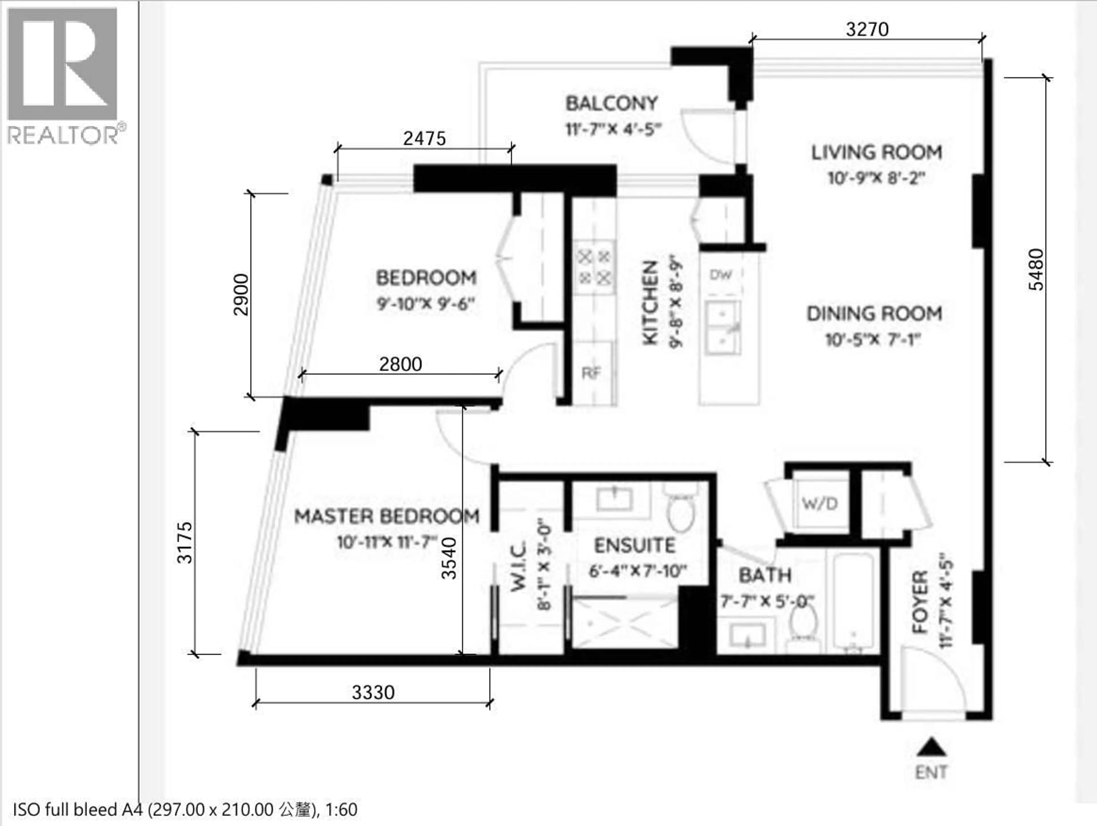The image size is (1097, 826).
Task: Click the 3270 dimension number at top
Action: click(x=867, y=30)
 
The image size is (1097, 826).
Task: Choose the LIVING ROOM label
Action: click(x=876, y=152)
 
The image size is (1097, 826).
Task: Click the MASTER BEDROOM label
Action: click(x=387, y=516)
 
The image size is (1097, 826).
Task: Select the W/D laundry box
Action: click(x=820, y=504)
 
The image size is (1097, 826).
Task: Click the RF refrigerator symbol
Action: click(x=591, y=373)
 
